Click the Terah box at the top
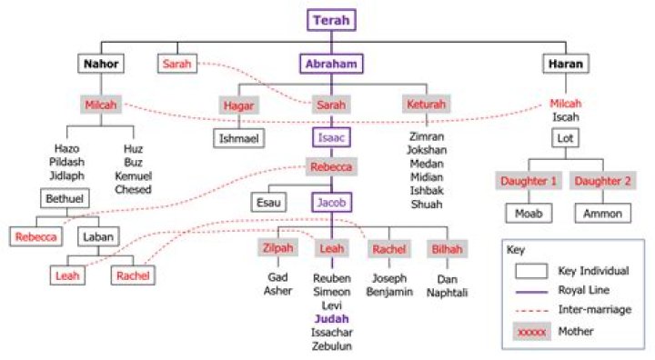[331, 19]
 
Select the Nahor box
[100, 64]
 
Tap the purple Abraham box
[331, 64]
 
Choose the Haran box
[565, 64]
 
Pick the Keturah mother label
[425, 105]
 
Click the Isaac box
[331, 138]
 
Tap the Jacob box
[331, 204]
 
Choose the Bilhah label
[448, 248]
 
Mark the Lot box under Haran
[565, 138]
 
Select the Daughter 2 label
[600, 181]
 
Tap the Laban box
[96, 236]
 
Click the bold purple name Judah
[331, 319]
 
